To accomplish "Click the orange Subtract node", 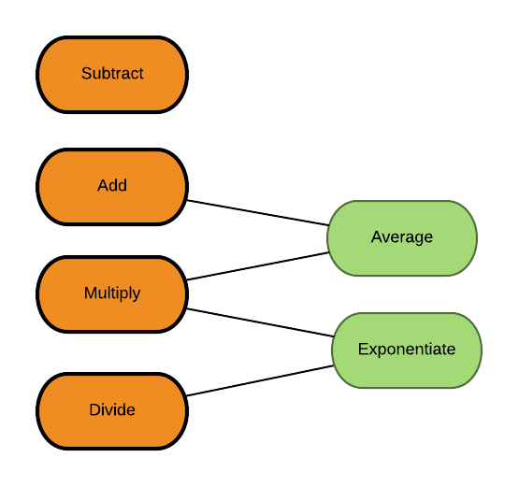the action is (x=112, y=75).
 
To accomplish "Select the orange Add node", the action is (x=112, y=187).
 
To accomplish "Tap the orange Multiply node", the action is (x=112, y=294).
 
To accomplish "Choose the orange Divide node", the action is (x=112, y=411).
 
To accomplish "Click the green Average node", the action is (x=402, y=238).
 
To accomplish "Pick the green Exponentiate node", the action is (x=407, y=350).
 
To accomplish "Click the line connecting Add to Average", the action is (x=258, y=213).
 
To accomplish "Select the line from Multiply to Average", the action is (x=258, y=266).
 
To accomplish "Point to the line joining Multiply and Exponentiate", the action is (x=260, y=322).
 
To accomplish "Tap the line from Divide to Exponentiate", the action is (x=260, y=380).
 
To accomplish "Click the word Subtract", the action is (x=112, y=73).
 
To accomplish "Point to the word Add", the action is (x=112, y=185).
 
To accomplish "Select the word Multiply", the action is (x=112, y=293).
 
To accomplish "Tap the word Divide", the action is (x=112, y=409).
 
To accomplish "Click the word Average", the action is (x=402, y=237).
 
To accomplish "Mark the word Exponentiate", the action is (x=407, y=350).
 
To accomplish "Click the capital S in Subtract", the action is (x=86, y=73).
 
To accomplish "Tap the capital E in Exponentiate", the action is (x=363, y=349).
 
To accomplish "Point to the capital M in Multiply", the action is (x=90, y=293).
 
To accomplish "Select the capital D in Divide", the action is (x=94, y=409).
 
